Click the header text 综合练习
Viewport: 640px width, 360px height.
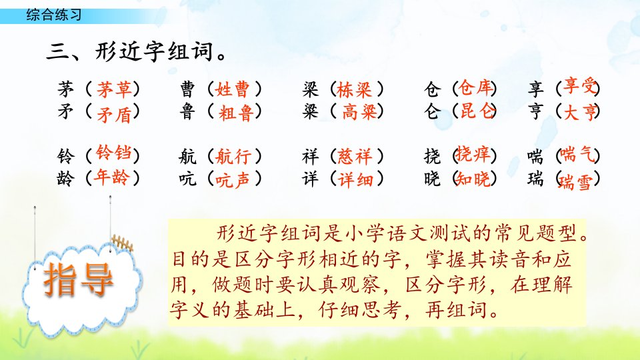pyautogui.click(x=54, y=15)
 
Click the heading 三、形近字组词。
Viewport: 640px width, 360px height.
pyautogui.click(x=137, y=52)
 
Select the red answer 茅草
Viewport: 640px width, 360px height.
pyautogui.click(x=114, y=89)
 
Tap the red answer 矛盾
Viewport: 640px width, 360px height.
pyautogui.click(x=114, y=114)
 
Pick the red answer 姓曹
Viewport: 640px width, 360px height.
pyautogui.click(x=232, y=89)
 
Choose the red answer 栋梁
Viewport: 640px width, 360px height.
pyautogui.click(x=354, y=89)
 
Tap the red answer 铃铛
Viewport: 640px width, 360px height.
pyautogui.click(x=114, y=153)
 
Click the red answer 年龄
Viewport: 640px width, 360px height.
pyautogui.click(x=111, y=177)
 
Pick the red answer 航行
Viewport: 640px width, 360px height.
pyautogui.click(x=233, y=156)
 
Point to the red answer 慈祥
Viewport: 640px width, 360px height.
pyautogui.click(x=355, y=156)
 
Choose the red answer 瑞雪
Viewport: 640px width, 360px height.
pyautogui.click(x=575, y=182)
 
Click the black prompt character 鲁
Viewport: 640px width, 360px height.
pyautogui.click(x=187, y=111)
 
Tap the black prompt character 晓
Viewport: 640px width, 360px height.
pyautogui.click(x=432, y=179)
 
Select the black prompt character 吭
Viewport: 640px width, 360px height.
pyautogui.click(x=187, y=179)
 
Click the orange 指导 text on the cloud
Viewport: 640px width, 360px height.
pyautogui.click(x=78, y=279)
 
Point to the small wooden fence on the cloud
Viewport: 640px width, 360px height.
pyautogui.click(x=123, y=243)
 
